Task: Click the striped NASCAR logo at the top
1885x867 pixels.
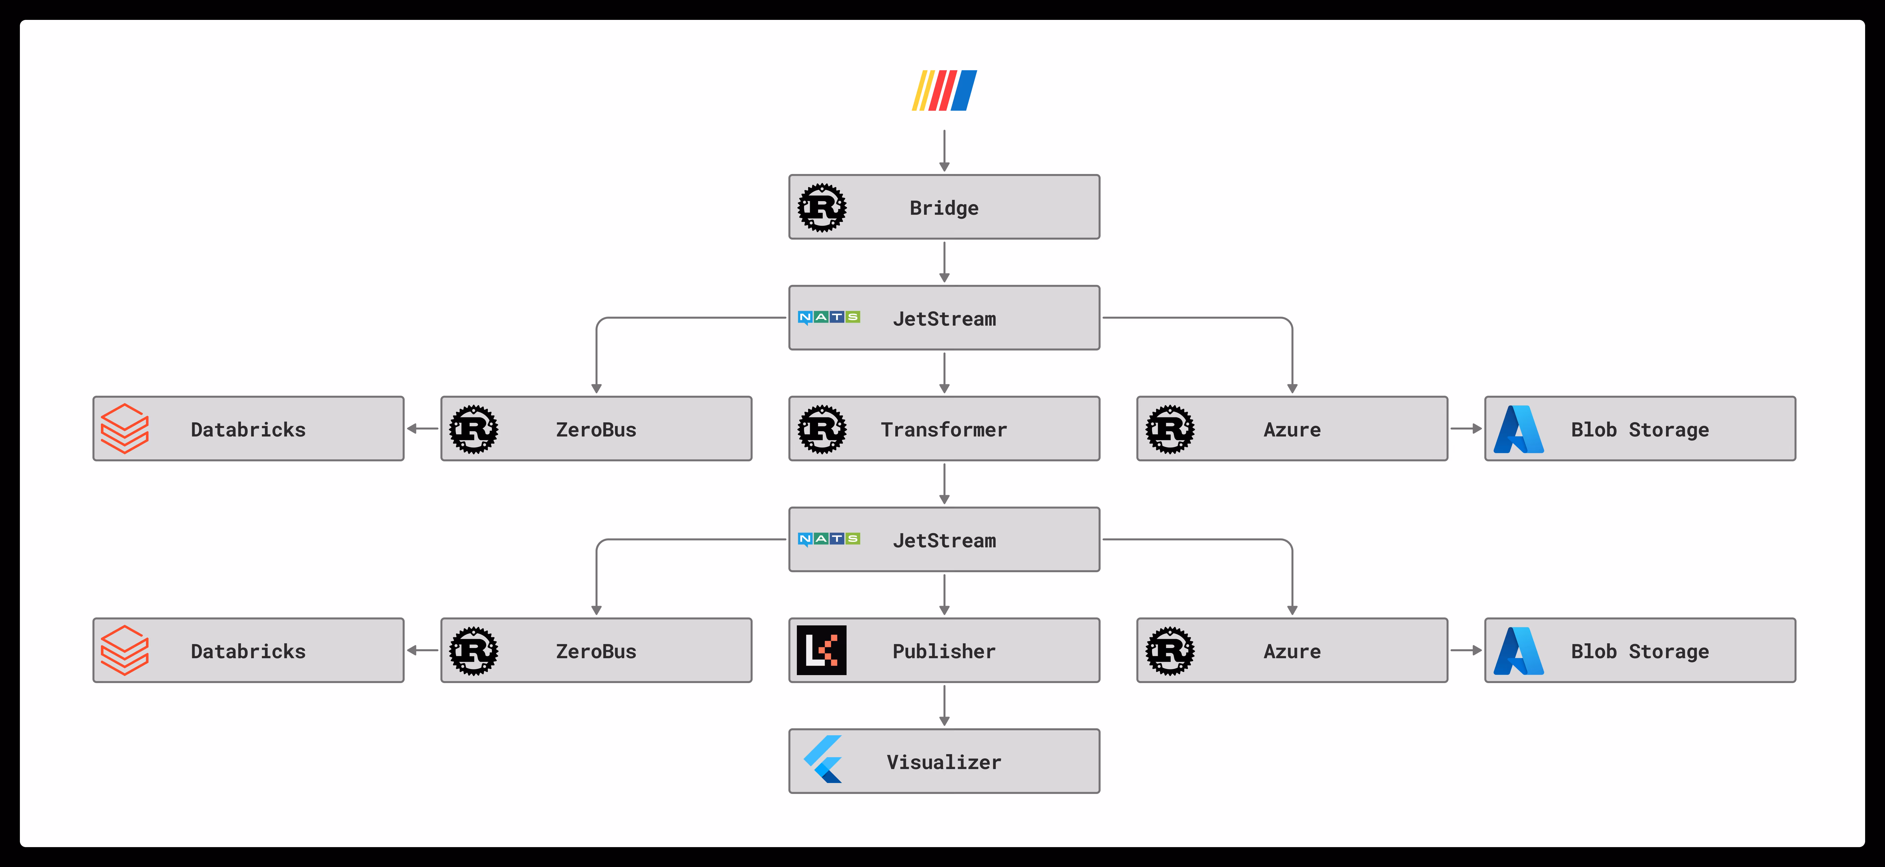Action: click(x=944, y=91)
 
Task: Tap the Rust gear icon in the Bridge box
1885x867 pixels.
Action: click(x=822, y=208)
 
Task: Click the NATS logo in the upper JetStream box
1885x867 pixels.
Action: click(x=828, y=317)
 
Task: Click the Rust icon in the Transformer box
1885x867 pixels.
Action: click(x=822, y=430)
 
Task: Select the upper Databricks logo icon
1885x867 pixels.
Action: click(x=124, y=429)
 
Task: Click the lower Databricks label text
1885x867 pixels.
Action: click(x=248, y=651)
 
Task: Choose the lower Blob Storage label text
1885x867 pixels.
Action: click(x=1640, y=651)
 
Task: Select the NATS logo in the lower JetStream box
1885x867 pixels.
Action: click(x=828, y=539)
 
